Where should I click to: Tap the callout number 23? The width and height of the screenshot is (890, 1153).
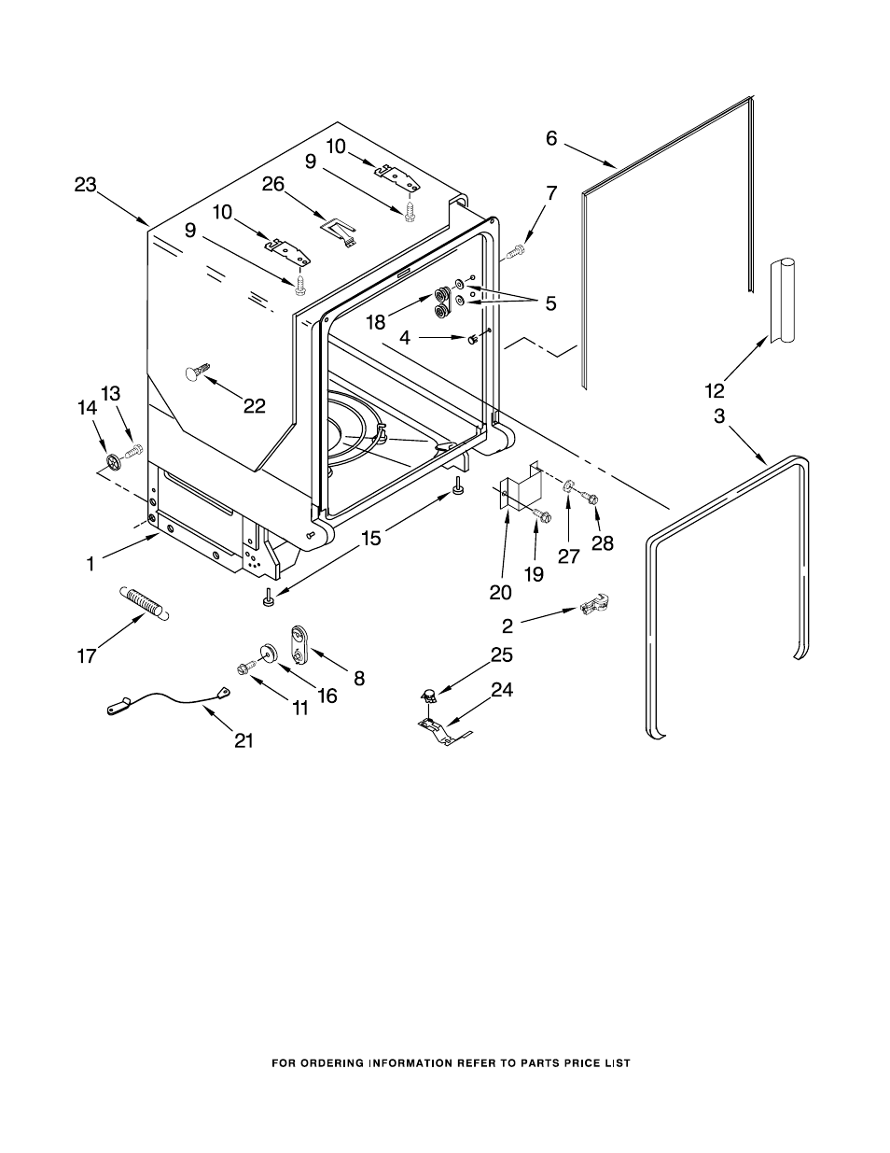pos(85,185)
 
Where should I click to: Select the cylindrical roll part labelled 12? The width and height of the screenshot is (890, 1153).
pos(783,301)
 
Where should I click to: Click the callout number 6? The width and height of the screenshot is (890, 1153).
pos(551,138)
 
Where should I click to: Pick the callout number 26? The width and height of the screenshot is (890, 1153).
pos(273,184)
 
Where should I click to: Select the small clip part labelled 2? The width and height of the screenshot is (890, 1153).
pos(594,604)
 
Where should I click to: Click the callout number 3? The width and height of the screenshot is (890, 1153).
pos(718,416)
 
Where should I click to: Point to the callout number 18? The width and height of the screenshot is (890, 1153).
pos(375,321)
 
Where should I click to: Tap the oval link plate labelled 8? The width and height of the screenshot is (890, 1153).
pos(299,644)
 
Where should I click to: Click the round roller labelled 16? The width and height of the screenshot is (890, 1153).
pos(268,652)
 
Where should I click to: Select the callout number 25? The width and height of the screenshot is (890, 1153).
pos(502,654)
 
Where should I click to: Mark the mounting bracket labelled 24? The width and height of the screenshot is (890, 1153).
pos(445,732)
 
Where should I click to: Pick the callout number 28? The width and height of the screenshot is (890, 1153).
pos(602,542)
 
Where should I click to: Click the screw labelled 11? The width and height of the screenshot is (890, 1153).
pos(246,669)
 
